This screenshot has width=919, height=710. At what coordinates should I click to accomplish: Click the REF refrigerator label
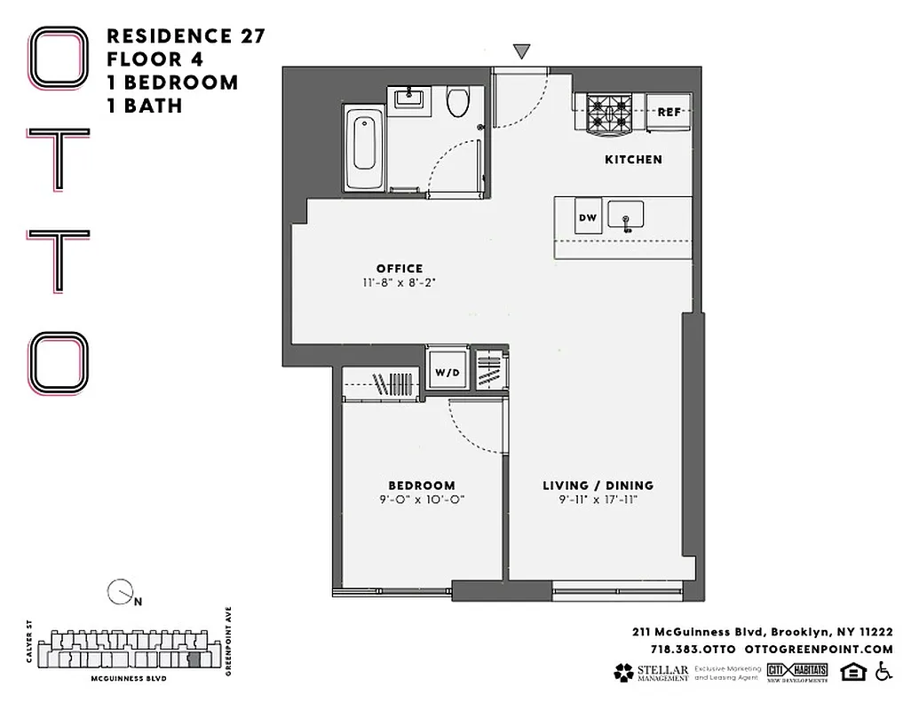point(668,113)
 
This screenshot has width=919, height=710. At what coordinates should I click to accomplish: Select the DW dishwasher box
point(588,218)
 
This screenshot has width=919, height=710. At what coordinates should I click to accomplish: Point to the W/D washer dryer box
point(447,373)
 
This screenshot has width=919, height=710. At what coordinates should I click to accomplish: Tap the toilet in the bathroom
point(458,102)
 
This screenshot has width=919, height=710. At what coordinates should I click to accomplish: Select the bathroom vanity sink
point(410,99)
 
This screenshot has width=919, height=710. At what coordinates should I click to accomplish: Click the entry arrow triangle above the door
point(522,51)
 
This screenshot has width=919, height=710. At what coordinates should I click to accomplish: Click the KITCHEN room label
point(633,160)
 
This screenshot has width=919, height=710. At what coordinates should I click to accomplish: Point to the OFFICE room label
point(399,269)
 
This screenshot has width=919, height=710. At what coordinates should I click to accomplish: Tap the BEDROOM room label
point(421,485)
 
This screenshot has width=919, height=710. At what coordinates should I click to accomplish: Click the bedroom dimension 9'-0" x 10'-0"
point(421,500)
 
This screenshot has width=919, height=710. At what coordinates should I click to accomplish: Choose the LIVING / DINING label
point(598,485)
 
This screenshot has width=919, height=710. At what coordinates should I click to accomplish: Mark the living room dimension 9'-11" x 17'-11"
point(598,500)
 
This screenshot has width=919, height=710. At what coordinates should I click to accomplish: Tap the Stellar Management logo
point(651,673)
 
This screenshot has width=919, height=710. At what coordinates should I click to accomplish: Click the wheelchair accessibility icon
point(883,672)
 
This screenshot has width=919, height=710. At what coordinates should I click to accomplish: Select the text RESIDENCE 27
point(186,36)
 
